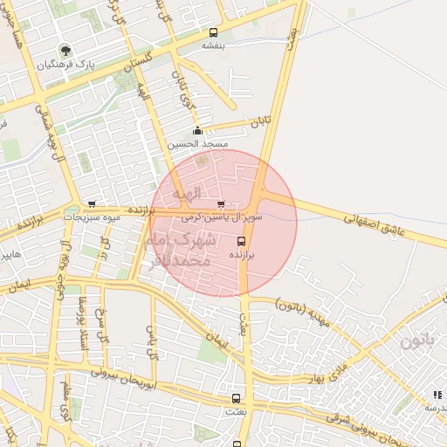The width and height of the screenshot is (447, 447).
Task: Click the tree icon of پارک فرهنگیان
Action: (x=65, y=50)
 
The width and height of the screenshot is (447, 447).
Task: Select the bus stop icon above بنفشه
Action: (x=214, y=31)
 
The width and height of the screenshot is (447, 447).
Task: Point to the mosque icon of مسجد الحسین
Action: (x=197, y=132)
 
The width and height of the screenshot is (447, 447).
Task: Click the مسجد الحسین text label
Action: (x=208, y=143)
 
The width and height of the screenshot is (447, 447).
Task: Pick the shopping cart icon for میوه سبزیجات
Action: (x=92, y=204)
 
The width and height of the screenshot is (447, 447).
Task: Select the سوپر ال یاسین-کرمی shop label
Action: (x=222, y=214)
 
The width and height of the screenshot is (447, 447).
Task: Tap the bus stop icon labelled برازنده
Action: (x=242, y=241)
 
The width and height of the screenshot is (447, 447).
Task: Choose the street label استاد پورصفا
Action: (x=83, y=323)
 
